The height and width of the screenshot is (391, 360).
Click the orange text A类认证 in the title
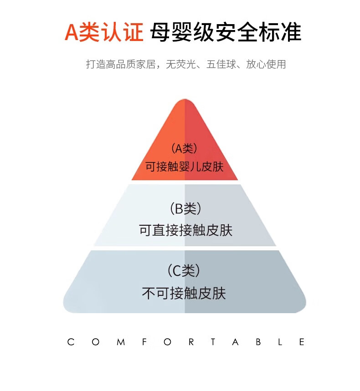tap(104, 33)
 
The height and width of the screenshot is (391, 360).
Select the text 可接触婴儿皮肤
tap(184, 166)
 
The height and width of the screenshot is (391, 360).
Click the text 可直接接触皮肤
tap(185, 230)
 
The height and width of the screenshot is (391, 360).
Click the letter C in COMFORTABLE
tap(71, 342)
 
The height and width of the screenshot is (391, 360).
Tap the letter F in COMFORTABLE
tap(144, 342)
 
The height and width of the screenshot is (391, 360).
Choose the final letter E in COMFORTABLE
tap(302, 342)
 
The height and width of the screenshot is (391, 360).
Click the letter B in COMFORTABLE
tap(258, 342)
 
